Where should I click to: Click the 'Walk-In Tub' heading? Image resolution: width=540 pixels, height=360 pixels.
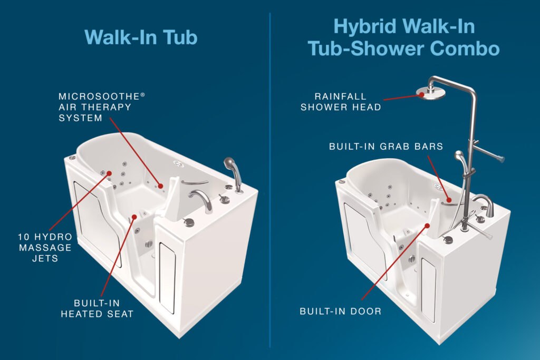coord(141,37)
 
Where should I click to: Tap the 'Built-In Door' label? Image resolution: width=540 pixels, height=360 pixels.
coord(340,311)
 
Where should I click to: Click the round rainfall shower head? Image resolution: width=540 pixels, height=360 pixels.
coord(429,93)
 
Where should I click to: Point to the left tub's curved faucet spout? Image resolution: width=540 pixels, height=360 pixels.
coord(200,198)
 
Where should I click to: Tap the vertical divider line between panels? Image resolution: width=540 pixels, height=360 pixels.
coord(270,179)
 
